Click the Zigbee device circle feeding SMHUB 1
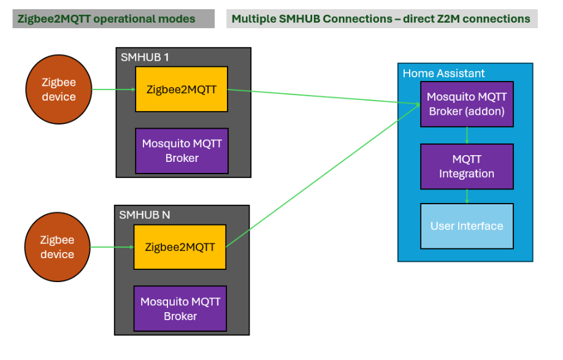[59, 90]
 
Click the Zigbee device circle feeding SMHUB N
[57, 247]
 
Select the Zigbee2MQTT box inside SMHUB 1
[182, 89]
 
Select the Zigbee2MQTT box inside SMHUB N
[180, 247]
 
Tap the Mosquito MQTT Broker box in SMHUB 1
[182, 151]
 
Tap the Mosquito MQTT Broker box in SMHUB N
[180, 309]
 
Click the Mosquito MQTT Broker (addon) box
[467, 104]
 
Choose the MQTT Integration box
[467, 167]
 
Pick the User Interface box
[467, 226]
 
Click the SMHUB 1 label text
[145, 57]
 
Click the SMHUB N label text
[144, 215]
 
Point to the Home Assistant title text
[443, 74]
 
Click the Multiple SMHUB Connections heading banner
[382, 19]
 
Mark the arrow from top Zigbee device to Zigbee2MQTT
[113, 90]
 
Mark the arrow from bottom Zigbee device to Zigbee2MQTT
[112, 247]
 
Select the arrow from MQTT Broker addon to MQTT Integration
[467, 136]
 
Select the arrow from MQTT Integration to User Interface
[467, 196]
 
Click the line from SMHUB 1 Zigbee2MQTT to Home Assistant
[319, 96]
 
